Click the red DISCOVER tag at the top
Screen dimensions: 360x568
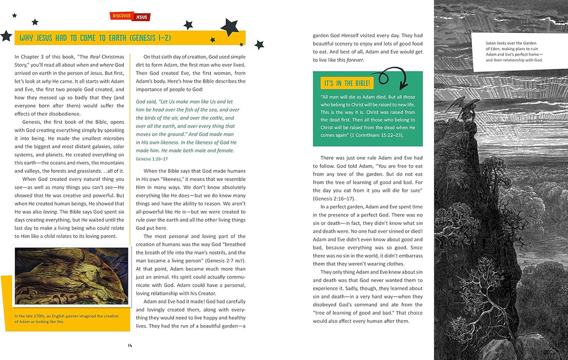tap(122, 16)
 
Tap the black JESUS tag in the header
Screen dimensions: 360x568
tap(141, 17)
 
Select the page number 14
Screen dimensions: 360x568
tap(130, 345)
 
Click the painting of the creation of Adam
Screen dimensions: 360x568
tap(71, 276)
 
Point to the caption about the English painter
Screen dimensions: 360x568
tap(66, 319)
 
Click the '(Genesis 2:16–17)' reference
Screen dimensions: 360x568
tap(334, 199)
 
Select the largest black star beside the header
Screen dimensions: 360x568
tap(229, 28)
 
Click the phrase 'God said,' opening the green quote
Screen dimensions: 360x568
tap(148, 101)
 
